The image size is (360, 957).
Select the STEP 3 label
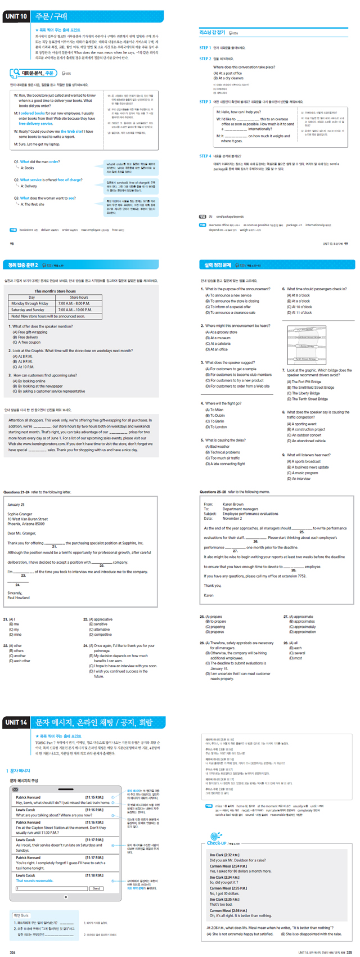coord(205,102)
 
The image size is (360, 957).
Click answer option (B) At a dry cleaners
coord(230,78)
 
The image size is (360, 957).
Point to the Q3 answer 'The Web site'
coord(33,204)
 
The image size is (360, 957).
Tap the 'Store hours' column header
coord(79,297)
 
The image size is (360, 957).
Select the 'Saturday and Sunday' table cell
coord(28,309)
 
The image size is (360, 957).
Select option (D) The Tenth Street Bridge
coord(309,399)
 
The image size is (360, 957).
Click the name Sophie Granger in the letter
coord(20,514)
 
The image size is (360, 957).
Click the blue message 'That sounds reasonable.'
coord(35,880)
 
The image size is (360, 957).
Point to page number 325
coord(349,952)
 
